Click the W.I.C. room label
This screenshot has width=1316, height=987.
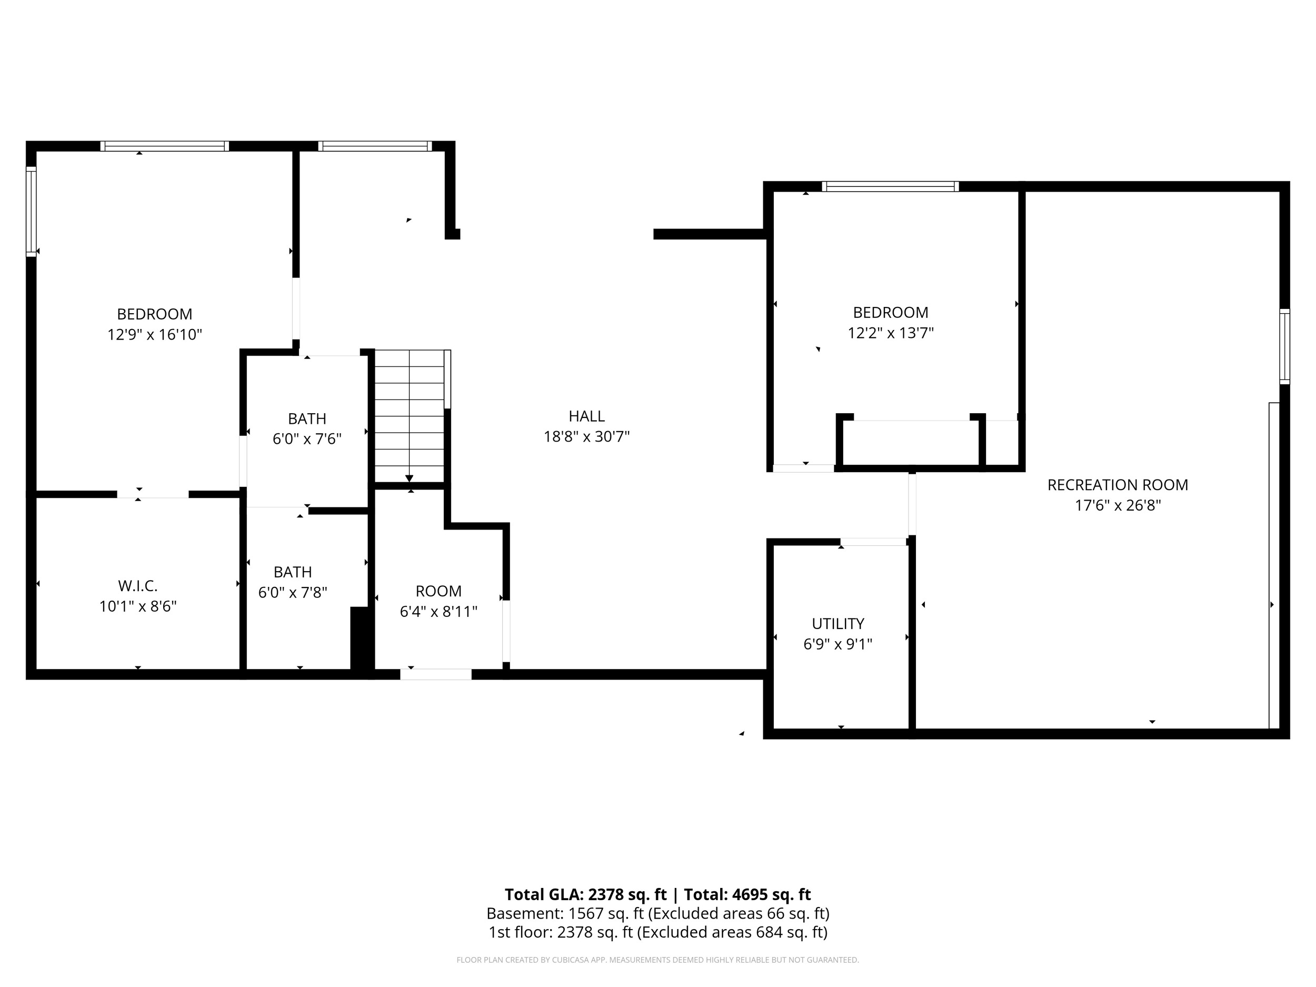point(137,586)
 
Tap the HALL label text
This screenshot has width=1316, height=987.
point(586,416)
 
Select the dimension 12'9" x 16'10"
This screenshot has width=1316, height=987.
point(155,334)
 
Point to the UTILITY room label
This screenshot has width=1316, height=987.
point(838,623)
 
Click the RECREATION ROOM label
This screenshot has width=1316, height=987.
point(1118,485)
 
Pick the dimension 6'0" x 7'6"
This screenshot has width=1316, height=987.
point(307,439)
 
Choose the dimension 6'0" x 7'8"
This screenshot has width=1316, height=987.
point(292,593)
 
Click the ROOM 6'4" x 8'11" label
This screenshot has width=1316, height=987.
point(438,591)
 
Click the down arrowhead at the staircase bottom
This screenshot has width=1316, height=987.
point(410,478)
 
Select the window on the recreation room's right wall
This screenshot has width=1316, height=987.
point(1284,346)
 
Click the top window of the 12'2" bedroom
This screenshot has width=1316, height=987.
point(890,186)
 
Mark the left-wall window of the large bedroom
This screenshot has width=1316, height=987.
point(31,211)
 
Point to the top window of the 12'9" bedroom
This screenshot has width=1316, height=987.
point(164,146)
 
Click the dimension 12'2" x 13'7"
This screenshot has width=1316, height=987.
point(890,333)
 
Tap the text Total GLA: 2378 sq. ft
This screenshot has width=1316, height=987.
point(585,894)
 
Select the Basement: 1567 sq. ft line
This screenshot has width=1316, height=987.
point(657,913)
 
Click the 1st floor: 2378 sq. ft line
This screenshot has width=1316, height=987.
point(657,932)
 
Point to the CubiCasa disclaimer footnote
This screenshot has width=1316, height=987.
point(657,960)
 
